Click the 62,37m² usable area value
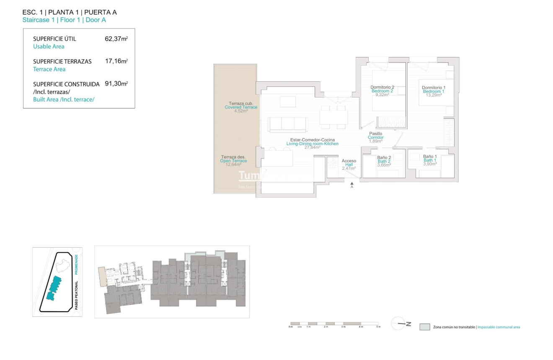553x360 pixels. tap(116, 39)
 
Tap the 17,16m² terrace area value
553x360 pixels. tap(116, 61)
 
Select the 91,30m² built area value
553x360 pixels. tap(116, 84)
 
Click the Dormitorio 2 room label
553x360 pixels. tap(382, 88)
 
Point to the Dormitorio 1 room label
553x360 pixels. tap(433, 88)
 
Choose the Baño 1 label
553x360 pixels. tap(430, 157)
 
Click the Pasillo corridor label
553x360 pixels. tap(376, 134)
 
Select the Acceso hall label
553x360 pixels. tap(349, 161)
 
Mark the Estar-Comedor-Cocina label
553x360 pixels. tap(313, 140)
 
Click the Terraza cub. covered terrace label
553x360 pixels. tap(241, 104)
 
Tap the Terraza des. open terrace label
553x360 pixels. tap(233, 157)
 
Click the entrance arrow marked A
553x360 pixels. tap(352, 184)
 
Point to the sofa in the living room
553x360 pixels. tap(288, 124)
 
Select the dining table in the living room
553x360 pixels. tap(333, 117)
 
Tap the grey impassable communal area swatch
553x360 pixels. tap(424, 327)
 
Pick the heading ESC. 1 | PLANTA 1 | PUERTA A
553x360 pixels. tap(70, 13)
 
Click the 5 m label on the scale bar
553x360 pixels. tap(378, 327)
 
